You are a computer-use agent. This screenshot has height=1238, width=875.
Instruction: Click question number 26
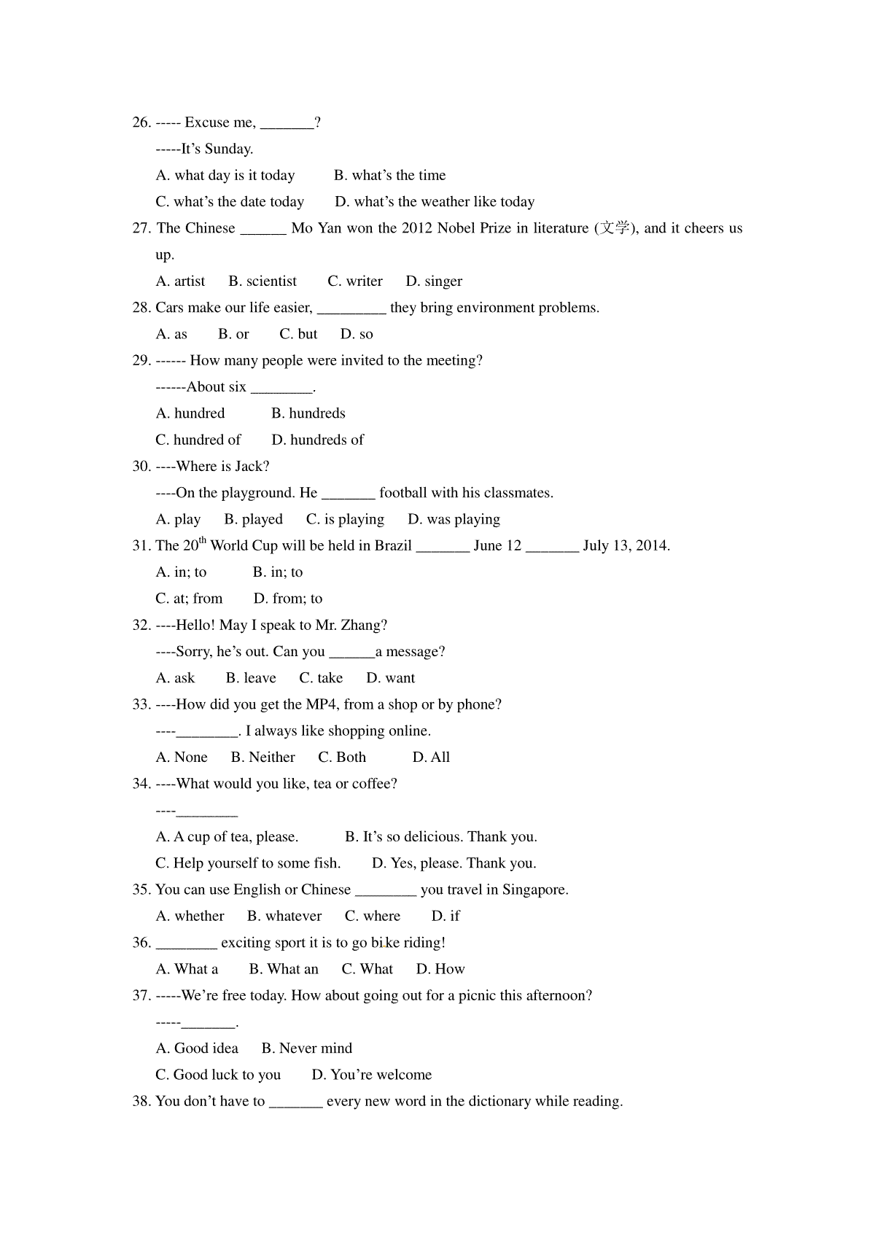(x=141, y=122)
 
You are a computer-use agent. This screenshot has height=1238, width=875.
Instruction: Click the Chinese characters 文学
(x=613, y=228)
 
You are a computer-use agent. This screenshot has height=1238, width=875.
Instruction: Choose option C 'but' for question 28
(x=298, y=334)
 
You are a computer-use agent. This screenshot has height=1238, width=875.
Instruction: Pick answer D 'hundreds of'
(x=318, y=440)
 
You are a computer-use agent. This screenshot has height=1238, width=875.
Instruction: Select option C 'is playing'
(x=345, y=519)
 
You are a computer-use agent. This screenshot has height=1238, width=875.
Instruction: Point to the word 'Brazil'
(x=392, y=546)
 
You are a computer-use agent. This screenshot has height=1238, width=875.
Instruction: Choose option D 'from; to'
(x=288, y=599)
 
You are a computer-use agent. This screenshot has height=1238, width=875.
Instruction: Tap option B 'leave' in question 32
(x=251, y=678)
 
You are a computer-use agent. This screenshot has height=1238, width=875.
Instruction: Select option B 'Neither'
(x=263, y=758)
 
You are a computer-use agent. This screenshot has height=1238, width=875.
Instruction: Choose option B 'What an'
(x=284, y=969)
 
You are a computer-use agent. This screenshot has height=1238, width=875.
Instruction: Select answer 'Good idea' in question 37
(x=198, y=1048)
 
